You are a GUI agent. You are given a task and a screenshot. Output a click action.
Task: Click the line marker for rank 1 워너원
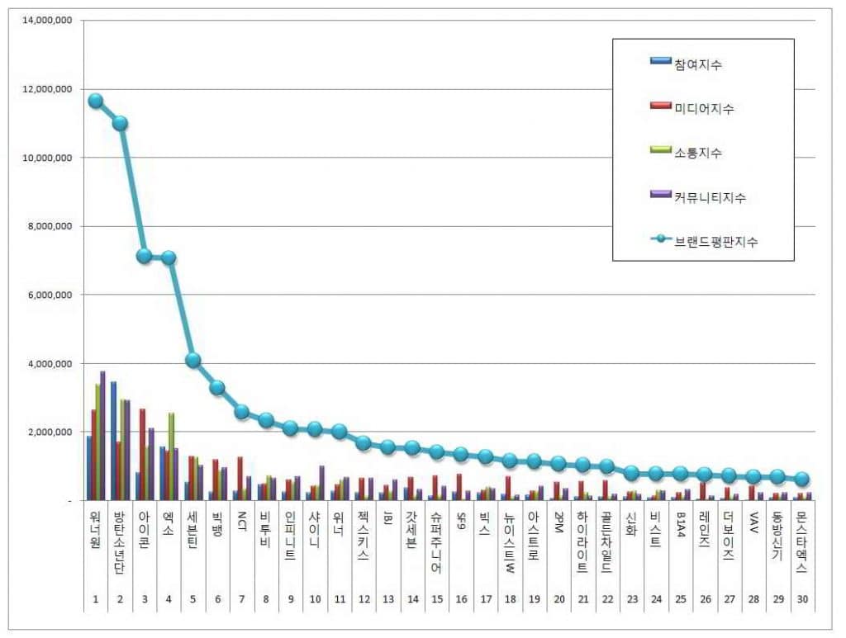pos(96,101)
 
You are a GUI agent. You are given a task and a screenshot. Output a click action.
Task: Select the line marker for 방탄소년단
pos(120,123)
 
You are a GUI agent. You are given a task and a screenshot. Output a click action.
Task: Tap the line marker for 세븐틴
pos(192,360)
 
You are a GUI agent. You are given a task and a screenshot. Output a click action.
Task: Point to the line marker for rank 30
pos(801,480)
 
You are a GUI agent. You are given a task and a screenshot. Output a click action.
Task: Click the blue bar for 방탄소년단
pos(113,442)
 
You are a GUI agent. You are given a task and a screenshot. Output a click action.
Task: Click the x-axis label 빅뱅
pos(217,523)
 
